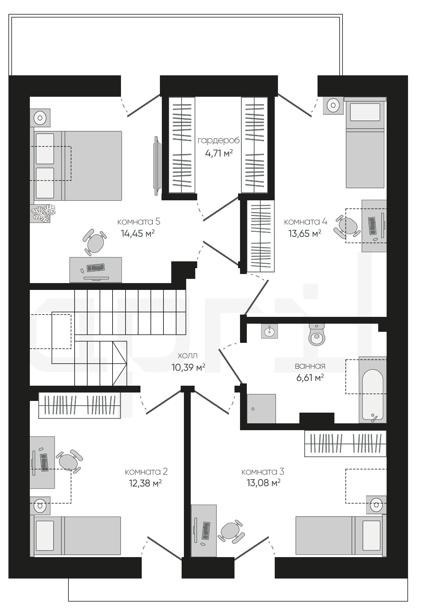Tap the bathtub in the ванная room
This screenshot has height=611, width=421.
pyautogui.click(x=373, y=390)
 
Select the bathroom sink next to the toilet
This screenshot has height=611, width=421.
pyautogui.click(x=269, y=331)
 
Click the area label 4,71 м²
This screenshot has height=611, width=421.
pyautogui.click(x=219, y=153)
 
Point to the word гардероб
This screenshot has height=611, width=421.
pyautogui.click(x=219, y=141)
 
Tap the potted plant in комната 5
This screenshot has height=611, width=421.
pyautogui.click(x=43, y=213)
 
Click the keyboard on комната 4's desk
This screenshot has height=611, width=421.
pyautogui.click(x=372, y=226)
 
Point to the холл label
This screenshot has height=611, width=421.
pyautogui.click(x=188, y=355)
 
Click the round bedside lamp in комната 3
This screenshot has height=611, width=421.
pyautogui.click(x=377, y=505)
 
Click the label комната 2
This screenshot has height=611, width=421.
pyautogui.click(x=146, y=471)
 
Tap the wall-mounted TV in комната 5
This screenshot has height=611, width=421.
pyautogui.click(x=157, y=166)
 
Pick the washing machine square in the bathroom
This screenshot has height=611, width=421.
pyautogui.click(x=261, y=409)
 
